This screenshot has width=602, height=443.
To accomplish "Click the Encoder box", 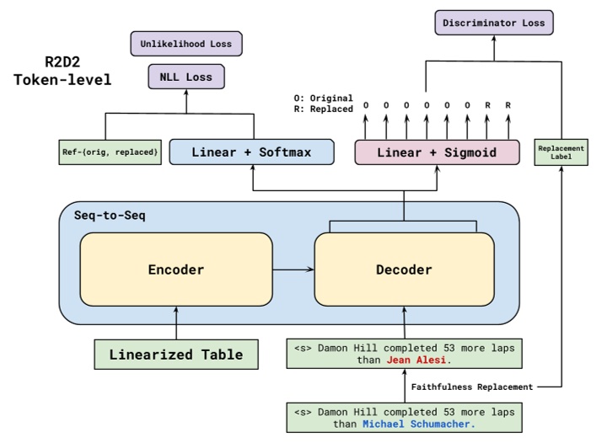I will pyautogui.click(x=175, y=270).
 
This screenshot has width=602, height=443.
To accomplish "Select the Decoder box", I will pyautogui.click(x=403, y=270).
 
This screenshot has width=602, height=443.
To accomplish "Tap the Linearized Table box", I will pyautogui.click(x=175, y=355).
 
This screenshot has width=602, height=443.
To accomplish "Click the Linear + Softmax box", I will pyautogui.click(x=251, y=152).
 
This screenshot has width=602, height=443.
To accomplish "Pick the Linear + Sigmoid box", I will pyautogui.click(x=437, y=152).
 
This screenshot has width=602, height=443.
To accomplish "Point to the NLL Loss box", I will pyautogui.click(x=185, y=77).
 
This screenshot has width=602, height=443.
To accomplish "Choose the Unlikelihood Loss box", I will pyautogui.click(x=185, y=43).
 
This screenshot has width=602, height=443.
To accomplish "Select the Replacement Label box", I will pyautogui.click(x=561, y=152).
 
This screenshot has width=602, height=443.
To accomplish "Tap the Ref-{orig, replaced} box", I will pyautogui.click(x=110, y=152).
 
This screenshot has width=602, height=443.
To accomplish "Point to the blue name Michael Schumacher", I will pyautogui.click(x=418, y=424).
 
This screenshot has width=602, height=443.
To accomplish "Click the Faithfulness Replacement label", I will pyautogui.click(x=471, y=387).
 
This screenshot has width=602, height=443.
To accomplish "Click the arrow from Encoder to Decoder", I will pyautogui.click(x=293, y=270).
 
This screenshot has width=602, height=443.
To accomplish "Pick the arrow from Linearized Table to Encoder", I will pyautogui.click(x=175, y=322).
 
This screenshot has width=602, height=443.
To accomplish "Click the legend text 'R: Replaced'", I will pyautogui.click(x=319, y=109).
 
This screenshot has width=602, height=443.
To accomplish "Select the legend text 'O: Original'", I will pyautogui.click(x=319, y=98).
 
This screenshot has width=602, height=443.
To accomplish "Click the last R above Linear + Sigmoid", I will pyautogui.click(x=507, y=105).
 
